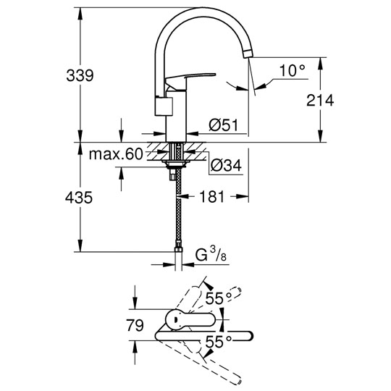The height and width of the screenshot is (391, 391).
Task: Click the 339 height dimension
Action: click(80, 75)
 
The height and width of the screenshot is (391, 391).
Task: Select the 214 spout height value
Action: click(320, 100)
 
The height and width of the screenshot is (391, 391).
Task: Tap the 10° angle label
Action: click(293, 70)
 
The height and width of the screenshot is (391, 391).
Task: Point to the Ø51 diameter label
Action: click(224, 125)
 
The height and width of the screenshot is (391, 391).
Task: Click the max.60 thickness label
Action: click(116, 154)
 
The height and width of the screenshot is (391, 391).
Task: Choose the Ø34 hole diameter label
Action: click(227, 165)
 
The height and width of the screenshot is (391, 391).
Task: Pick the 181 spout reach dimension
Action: click(212, 197)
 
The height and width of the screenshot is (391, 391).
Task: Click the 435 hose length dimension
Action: click(79, 198)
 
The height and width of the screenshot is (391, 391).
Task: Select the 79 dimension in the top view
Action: click(135, 325)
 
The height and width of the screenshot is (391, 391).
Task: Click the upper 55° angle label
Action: click(219, 298)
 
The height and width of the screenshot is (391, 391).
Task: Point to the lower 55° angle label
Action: click(219, 341)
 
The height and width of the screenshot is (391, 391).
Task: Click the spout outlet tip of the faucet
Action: click(248, 54)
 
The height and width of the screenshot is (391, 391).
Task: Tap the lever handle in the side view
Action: click(190, 80)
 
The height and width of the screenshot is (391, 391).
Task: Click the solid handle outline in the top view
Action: click(190, 320)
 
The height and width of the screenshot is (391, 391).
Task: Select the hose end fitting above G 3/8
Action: click(178, 249)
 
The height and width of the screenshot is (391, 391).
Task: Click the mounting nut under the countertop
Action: click(176, 164)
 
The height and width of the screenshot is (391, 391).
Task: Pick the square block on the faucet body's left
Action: click(164, 106)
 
